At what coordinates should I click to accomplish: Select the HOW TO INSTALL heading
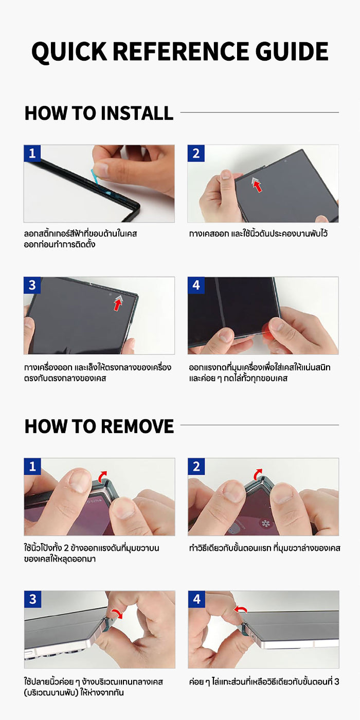(x=99, y=113)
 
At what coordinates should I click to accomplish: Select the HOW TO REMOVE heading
(x=99, y=426)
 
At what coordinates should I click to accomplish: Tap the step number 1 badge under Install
(x=32, y=153)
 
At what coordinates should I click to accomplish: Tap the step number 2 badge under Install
(x=196, y=153)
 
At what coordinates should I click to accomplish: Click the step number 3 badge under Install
(x=32, y=285)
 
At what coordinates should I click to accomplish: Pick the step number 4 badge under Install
(x=196, y=285)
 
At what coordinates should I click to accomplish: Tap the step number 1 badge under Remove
(x=32, y=466)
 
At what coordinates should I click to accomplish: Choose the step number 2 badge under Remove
(x=196, y=466)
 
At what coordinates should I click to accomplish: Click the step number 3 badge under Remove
(x=32, y=599)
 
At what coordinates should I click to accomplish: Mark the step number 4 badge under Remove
(x=196, y=599)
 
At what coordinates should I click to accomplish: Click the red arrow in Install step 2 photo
(x=257, y=186)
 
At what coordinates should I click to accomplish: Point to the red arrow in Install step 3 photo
(x=118, y=304)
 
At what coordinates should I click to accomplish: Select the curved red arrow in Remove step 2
(x=258, y=473)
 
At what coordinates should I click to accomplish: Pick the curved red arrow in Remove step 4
(x=240, y=609)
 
